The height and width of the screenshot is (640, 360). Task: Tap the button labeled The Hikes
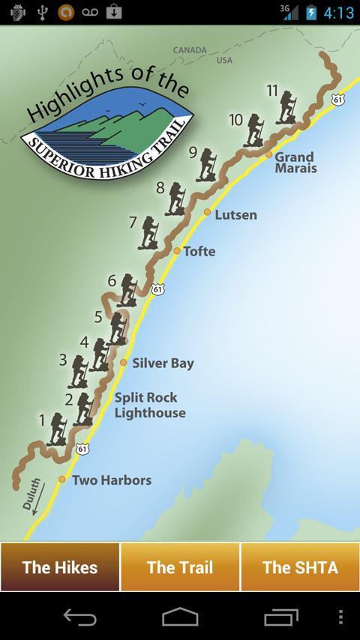[60, 567]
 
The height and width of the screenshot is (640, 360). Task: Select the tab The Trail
[180, 567]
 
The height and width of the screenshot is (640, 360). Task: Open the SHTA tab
[300, 567]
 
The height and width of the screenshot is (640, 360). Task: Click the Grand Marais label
[295, 163]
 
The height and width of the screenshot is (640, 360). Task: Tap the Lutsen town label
[235, 215]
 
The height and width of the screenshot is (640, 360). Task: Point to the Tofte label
[199, 252]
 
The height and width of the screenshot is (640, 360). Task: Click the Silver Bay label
[163, 363]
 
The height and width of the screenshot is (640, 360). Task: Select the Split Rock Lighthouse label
[150, 405]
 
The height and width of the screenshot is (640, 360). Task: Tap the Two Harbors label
[112, 480]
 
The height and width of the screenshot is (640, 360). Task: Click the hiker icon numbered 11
[286, 107]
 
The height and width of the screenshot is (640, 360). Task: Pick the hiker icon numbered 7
[149, 232]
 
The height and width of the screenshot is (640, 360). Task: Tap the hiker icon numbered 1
[57, 429]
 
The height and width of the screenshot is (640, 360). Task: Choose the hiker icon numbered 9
[206, 164]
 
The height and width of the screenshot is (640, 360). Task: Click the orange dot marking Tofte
[177, 250]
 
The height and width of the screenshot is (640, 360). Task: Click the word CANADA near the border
[189, 50]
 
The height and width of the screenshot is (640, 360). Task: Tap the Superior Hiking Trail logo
[108, 127]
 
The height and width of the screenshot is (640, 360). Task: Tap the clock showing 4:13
[338, 13]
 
